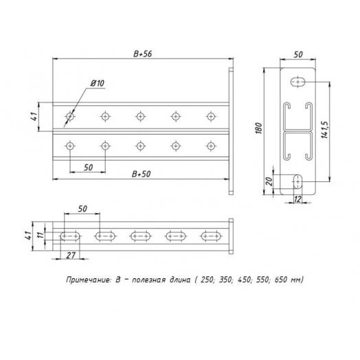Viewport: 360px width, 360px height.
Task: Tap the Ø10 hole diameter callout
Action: tap(97, 83)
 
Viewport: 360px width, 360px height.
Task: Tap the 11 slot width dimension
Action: tap(41, 236)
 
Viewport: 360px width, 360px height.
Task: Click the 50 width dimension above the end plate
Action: tap(297, 54)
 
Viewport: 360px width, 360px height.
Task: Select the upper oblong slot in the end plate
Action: tap(298, 82)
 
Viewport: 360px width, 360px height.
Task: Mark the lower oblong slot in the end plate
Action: tap(297, 181)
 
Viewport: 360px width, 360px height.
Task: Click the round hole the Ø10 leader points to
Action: tap(69, 116)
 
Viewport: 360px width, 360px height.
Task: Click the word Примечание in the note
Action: tap(87, 280)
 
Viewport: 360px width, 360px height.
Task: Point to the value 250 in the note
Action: tap(204, 280)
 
